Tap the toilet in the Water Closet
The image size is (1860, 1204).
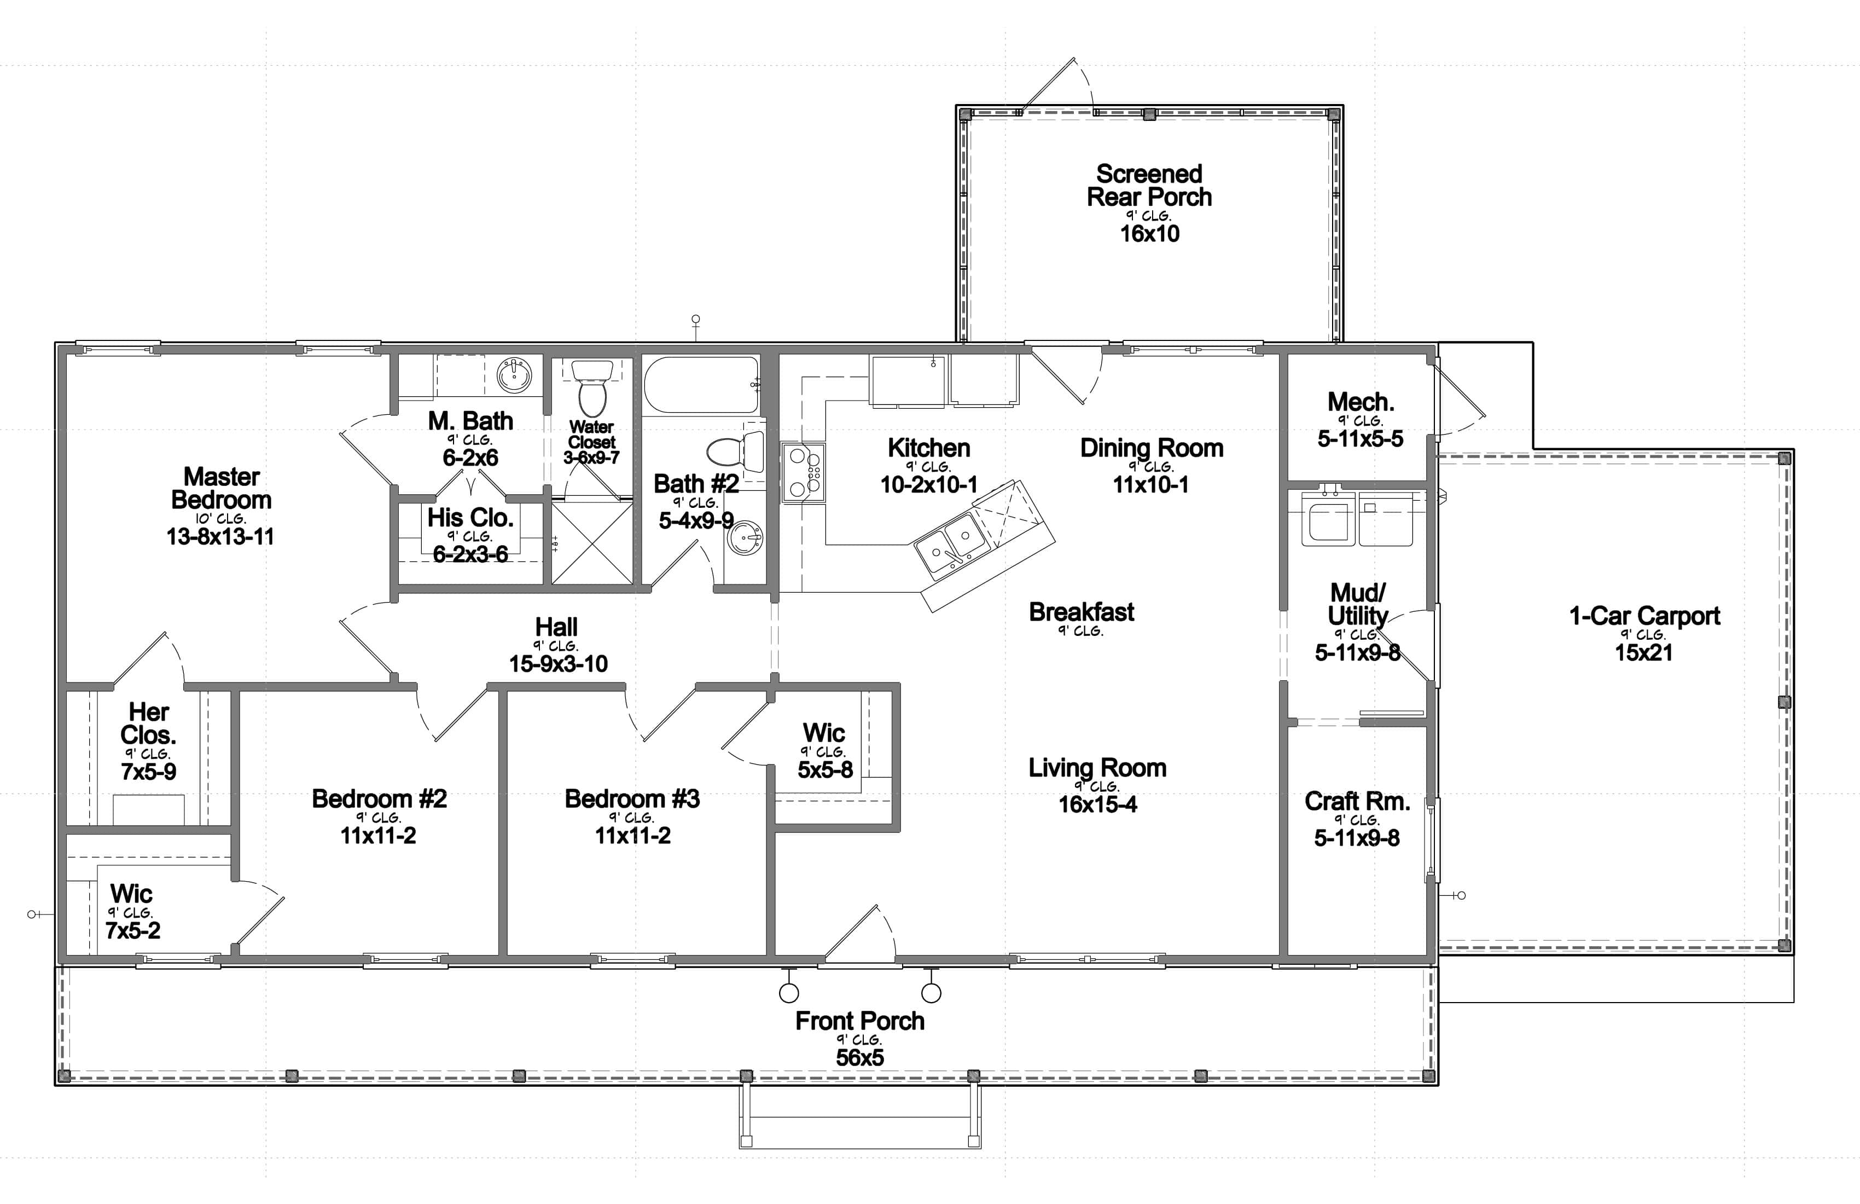[x=589, y=389]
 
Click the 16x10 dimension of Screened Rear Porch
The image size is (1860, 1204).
[x=1149, y=233]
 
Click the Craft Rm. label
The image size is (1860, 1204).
[x=1357, y=801]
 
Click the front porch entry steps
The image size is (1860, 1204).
[x=859, y=1118]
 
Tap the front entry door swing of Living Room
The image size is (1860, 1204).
[x=859, y=934]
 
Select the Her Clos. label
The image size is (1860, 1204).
[x=148, y=723]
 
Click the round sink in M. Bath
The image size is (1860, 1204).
[x=515, y=375]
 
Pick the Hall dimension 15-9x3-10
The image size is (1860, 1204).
[x=558, y=664]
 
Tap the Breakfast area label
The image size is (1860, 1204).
[x=1081, y=612]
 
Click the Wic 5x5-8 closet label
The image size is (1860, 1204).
[x=824, y=733]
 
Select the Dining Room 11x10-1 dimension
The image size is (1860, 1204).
[x=1150, y=485]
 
